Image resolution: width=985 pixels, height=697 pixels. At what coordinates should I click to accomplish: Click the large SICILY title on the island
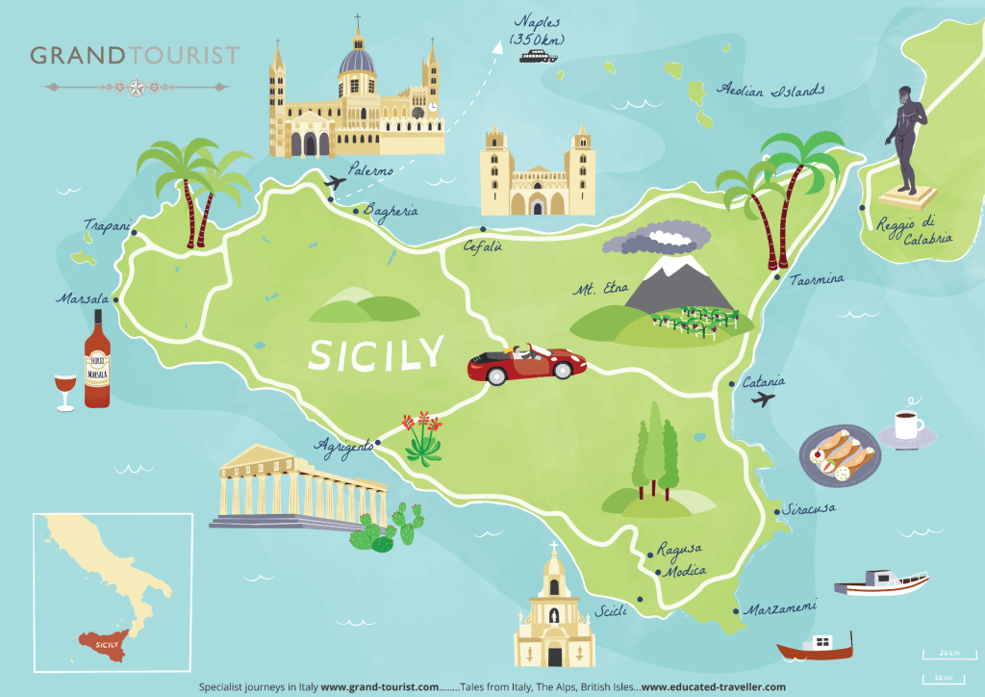tap(375, 352)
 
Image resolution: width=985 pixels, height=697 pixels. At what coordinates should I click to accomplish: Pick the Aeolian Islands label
tap(771, 90)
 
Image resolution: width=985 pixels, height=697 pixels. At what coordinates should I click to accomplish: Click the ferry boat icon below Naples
tap(539, 56)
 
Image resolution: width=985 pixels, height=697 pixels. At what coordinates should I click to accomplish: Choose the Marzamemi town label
tap(780, 608)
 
